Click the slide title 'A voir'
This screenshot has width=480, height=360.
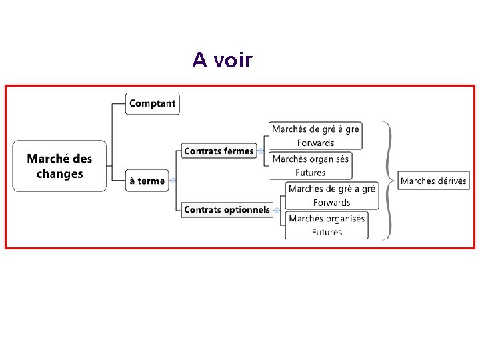tap(222, 60)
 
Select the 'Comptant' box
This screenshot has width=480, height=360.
tap(152, 103)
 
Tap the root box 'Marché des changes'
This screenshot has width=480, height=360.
tap(59, 166)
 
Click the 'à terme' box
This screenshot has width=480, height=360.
tap(147, 181)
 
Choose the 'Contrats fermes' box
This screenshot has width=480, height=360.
tap(219, 151)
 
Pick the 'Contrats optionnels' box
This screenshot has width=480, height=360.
tap(227, 210)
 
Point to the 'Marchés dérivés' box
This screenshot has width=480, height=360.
tap(433, 181)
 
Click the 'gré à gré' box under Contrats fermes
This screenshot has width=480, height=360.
tap(315, 135)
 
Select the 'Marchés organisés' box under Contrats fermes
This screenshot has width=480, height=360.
tap(310, 165)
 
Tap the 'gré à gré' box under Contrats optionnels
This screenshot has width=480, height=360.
tap(331, 195)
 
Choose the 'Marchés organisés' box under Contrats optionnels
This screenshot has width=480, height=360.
tap(327, 225)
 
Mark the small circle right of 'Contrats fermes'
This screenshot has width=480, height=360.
tap(260, 151)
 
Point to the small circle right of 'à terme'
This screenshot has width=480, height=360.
tap(173, 181)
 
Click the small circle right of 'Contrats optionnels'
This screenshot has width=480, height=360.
tap(276, 211)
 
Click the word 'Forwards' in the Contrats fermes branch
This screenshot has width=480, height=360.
tap(315, 143)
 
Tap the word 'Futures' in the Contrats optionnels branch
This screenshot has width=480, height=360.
tap(327, 233)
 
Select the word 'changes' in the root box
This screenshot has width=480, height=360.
tap(59, 174)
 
